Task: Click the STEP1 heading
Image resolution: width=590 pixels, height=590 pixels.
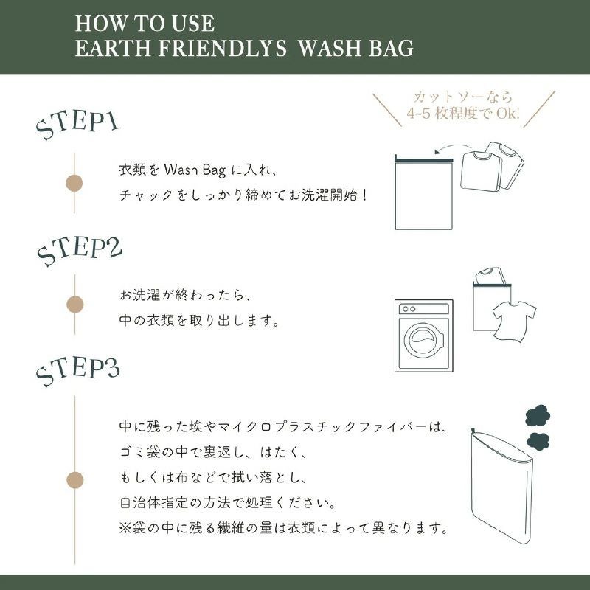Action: (77, 125)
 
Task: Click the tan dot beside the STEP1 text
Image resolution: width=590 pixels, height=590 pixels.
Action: (74, 183)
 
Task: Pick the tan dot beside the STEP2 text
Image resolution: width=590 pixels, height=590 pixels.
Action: (75, 305)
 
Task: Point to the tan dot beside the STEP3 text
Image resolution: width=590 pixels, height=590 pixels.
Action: (75, 480)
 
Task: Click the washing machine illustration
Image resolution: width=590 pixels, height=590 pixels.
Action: (424, 336)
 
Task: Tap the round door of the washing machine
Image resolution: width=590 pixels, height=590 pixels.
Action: (424, 340)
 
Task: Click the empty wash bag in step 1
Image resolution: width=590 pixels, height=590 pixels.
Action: (423, 192)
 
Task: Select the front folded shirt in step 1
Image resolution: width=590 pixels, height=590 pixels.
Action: (481, 171)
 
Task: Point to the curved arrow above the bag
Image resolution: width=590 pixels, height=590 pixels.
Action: (453, 148)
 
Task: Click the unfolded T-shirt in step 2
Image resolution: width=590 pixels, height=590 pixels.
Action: (514, 321)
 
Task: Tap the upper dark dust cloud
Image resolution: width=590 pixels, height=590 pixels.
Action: (538, 417)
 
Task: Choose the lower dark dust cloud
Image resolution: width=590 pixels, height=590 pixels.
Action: (538, 441)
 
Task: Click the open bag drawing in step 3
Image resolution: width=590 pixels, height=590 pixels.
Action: (502, 486)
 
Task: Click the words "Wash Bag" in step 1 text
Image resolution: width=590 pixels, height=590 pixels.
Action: (195, 170)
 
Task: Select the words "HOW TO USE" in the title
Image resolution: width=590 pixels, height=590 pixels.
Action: (145, 24)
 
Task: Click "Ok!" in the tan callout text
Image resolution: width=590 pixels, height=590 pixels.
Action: (508, 113)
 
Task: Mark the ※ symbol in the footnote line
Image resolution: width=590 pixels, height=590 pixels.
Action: (125, 528)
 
